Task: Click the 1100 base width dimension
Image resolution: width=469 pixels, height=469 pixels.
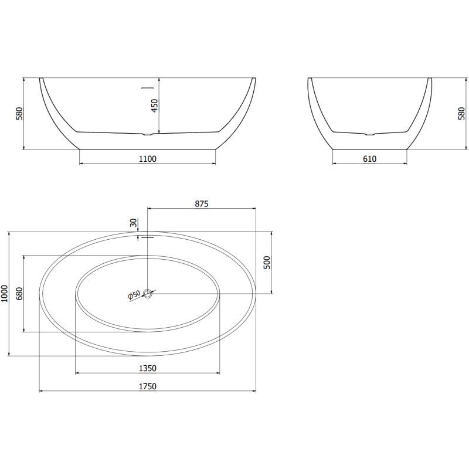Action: [x=147, y=158]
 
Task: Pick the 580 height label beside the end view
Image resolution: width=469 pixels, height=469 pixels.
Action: [x=461, y=113]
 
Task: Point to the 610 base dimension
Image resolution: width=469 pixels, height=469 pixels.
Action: [x=369, y=158]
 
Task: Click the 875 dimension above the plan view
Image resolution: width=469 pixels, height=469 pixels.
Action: [x=202, y=203]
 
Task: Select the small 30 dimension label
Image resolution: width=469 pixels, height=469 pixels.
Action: [x=134, y=223]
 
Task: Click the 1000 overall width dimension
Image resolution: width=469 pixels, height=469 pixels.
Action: [x=5, y=293]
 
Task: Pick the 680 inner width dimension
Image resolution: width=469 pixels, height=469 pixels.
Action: [x=18, y=293]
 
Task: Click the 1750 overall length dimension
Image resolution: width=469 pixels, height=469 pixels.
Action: [x=147, y=386]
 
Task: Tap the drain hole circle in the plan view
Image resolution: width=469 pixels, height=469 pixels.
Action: [x=148, y=293]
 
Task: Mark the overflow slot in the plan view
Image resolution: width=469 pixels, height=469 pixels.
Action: [x=147, y=237]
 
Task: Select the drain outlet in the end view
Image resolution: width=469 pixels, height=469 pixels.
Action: [x=369, y=135]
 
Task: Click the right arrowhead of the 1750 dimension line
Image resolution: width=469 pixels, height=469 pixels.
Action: [x=254, y=391]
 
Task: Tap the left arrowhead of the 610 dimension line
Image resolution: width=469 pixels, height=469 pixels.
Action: [x=335, y=164]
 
